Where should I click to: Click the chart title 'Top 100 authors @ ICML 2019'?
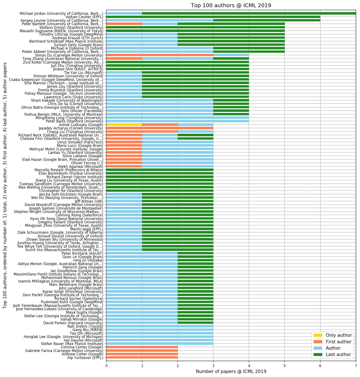(x=231, y=5)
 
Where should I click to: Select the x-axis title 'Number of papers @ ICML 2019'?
(x=231, y=371)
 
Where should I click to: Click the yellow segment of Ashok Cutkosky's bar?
(x=124, y=124)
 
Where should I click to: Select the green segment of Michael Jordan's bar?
(x=249, y=13)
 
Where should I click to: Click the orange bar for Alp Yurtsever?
(x=142, y=357)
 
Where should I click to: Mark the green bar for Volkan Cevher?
(x=213, y=17)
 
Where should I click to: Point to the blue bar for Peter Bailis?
(x=178, y=121)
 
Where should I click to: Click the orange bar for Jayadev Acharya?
(x=160, y=128)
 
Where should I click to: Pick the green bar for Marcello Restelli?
(x=160, y=170)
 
